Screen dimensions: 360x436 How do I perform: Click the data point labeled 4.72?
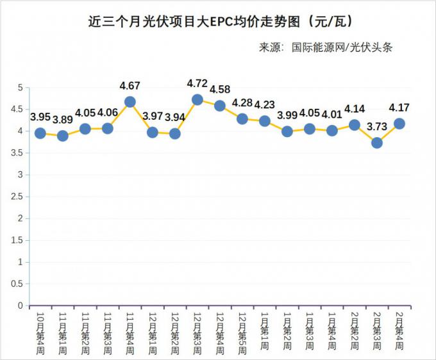tap(197, 99)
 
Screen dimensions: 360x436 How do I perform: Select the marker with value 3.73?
tap(377, 143)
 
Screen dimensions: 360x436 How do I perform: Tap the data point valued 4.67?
tap(130, 102)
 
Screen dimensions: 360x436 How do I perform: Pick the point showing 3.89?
tap(63, 136)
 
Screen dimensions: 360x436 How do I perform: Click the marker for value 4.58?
tap(220, 106)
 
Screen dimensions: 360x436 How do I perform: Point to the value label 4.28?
tap(242, 102)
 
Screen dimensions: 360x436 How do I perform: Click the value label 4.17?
tap(399, 108)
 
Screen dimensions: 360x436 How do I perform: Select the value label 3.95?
tap(40, 117)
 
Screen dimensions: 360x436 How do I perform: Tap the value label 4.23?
tap(265, 105)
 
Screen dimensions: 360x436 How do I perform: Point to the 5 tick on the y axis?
tap(21, 87)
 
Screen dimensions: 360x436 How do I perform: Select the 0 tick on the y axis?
tap(21, 306)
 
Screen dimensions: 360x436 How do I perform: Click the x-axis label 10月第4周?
tap(40, 331)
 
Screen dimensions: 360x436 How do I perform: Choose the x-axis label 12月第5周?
tap(242, 331)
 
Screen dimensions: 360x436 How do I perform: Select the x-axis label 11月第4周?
tap(130, 331)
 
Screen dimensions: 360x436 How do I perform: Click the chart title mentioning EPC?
tap(217, 22)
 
